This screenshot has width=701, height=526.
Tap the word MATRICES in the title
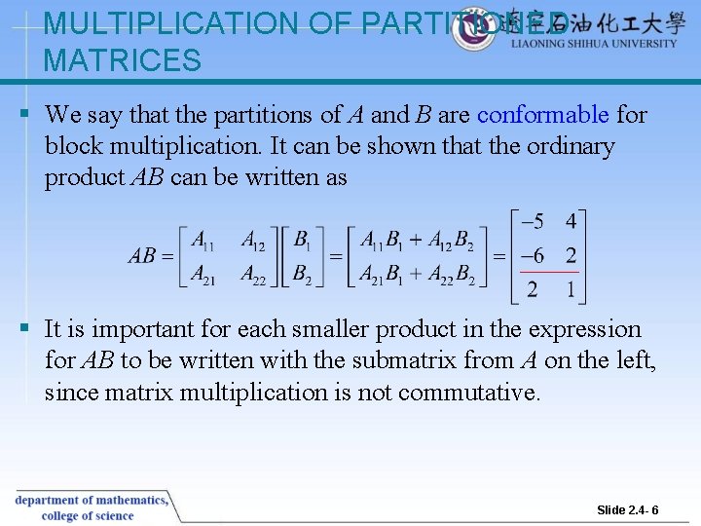pyautogui.click(x=122, y=60)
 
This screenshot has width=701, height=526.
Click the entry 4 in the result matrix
pyautogui.click(x=571, y=222)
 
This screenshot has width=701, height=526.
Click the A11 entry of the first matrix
pyautogui.click(x=203, y=240)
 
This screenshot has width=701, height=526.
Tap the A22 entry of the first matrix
pyautogui.click(x=253, y=277)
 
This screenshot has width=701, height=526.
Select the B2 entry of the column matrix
pyautogui.click(x=302, y=277)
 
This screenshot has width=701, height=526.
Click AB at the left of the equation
pyautogui.click(x=142, y=257)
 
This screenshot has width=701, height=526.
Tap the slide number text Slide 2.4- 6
pyautogui.click(x=628, y=510)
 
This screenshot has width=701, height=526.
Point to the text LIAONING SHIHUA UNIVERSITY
pyautogui.click(x=594, y=44)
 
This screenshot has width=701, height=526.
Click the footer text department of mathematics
pyautogui.click(x=91, y=500)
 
